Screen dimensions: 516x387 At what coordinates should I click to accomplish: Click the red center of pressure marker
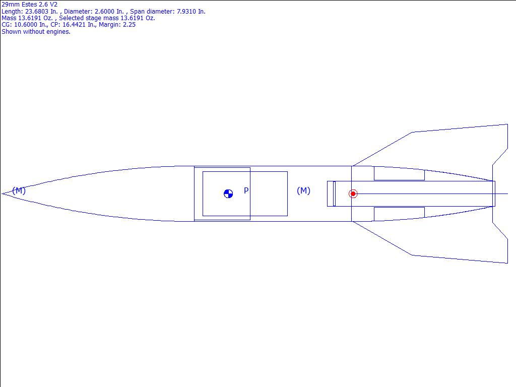click(353, 194)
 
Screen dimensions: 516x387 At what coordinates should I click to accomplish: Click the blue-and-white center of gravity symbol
click(228, 194)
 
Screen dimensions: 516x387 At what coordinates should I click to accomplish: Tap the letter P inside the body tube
click(246, 190)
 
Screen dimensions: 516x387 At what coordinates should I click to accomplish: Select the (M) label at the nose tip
click(19, 190)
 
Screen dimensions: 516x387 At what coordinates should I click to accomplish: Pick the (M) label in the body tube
click(303, 190)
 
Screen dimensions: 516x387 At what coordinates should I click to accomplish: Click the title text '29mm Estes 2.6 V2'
click(30, 4)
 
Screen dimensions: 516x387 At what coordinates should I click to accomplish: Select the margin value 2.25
click(129, 25)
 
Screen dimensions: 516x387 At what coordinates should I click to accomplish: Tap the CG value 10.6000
click(26, 25)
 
